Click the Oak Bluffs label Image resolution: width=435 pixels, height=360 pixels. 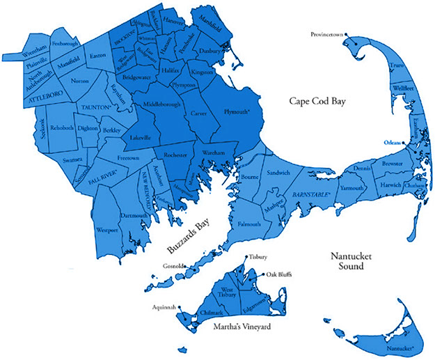279,274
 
